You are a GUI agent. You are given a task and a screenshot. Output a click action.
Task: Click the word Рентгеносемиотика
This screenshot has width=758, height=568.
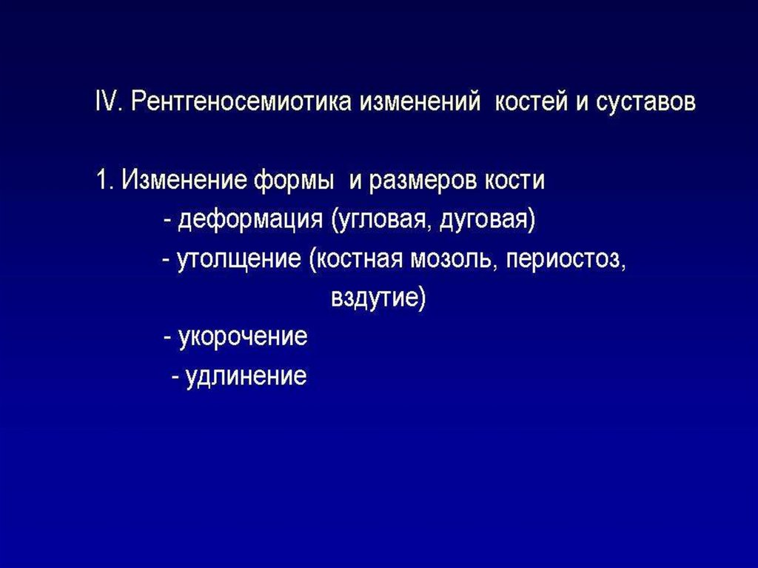click(x=241, y=102)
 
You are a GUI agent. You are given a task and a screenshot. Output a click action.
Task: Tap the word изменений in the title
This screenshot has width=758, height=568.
click(x=420, y=102)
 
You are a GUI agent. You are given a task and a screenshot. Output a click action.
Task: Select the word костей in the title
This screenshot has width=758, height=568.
click(x=531, y=102)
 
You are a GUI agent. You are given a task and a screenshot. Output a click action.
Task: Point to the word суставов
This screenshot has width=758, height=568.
click(x=645, y=102)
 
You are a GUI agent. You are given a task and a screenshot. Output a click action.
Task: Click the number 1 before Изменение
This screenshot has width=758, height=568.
click(x=102, y=180)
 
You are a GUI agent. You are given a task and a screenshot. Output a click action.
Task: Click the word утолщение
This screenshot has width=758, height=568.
click(x=239, y=259)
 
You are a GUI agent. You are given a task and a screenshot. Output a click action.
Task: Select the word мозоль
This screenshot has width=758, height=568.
click(x=454, y=259)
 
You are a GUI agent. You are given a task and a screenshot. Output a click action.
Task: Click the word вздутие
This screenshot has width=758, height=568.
click(x=378, y=298)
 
